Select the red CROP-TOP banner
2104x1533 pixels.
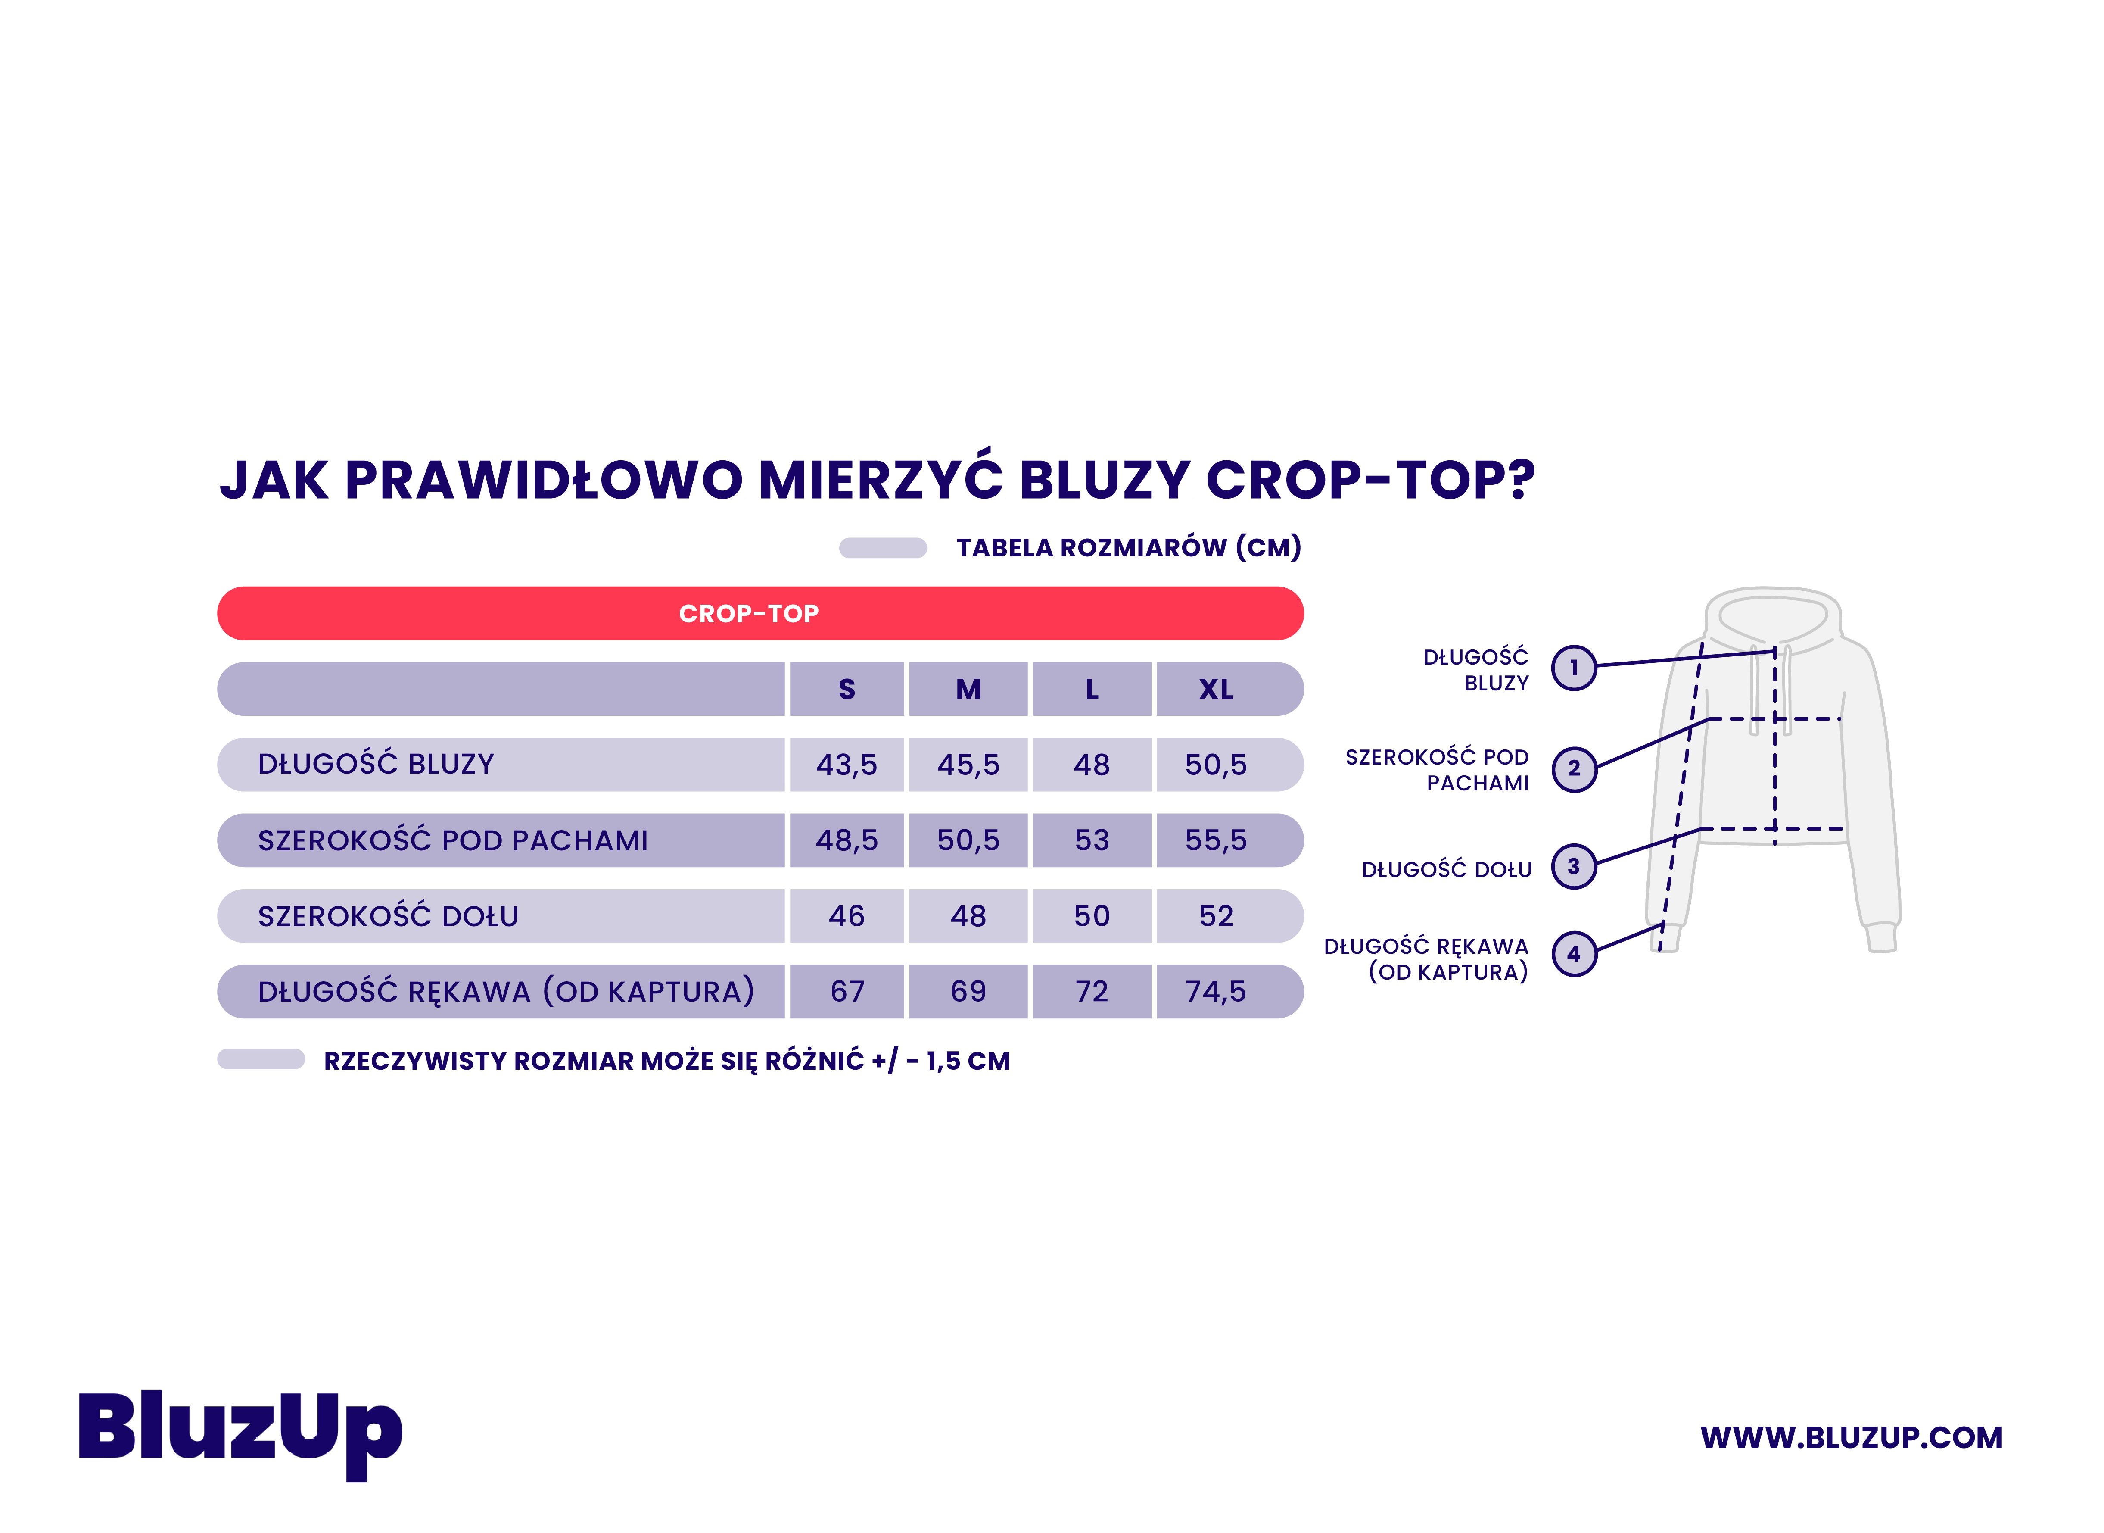[x=760, y=613]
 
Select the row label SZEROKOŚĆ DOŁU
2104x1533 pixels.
[x=388, y=916]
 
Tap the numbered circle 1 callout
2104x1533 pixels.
[x=1574, y=667]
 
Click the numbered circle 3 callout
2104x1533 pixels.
[x=1574, y=866]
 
